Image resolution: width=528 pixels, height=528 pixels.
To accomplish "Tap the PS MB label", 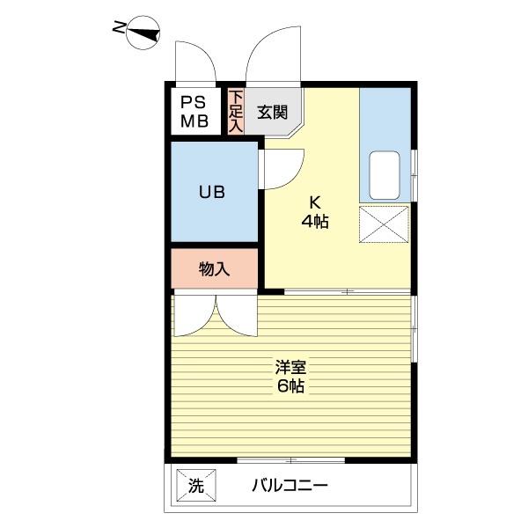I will pyautogui.click(x=194, y=112).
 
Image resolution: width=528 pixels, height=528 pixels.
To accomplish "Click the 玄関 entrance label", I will pyautogui.click(x=272, y=112).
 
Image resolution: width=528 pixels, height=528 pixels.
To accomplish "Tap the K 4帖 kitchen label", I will pyautogui.click(x=314, y=211).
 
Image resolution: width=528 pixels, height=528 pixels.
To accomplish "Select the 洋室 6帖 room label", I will pyautogui.click(x=290, y=377).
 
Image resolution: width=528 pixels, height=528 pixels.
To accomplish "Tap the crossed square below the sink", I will pyautogui.click(x=385, y=224).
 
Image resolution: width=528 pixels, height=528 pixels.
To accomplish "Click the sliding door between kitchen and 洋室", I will pyautogui.click(x=348, y=291).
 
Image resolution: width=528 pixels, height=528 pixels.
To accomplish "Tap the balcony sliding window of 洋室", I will pyautogui.click(x=290, y=459).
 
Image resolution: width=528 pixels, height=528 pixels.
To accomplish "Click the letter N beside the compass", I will pyautogui.click(x=119, y=29).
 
